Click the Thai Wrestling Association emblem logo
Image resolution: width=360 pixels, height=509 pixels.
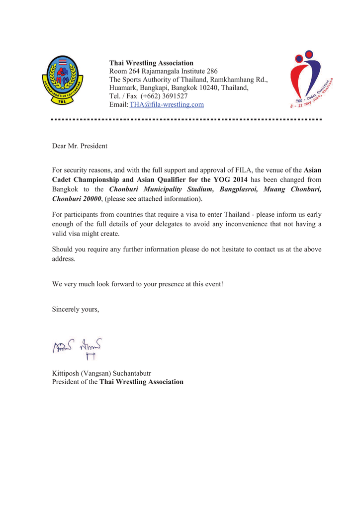(x=62, y=79)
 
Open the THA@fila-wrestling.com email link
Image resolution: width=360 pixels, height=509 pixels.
(x=167, y=104)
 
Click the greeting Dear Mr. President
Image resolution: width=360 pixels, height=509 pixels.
(x=80, y=146)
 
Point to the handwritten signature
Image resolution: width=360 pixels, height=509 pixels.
(x=77, y=348)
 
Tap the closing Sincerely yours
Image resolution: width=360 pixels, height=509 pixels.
(x=76, y=309)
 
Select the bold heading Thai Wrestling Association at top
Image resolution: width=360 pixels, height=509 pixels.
(x=151, y=63)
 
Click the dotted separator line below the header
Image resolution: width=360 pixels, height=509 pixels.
(x=186, y=120)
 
